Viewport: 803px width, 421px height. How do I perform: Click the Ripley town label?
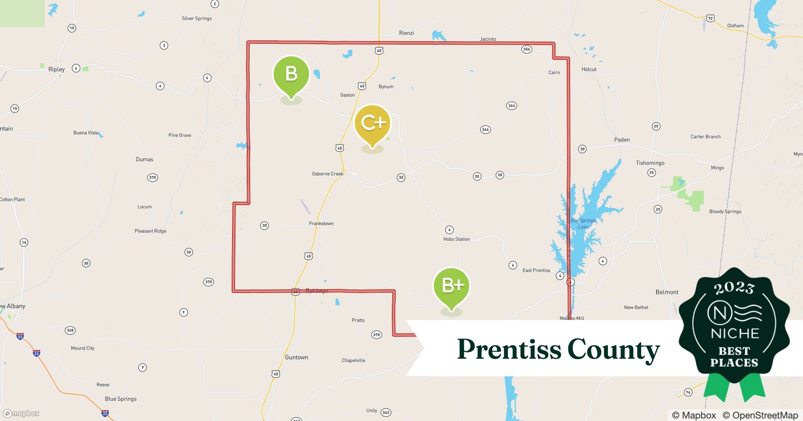pos(56,69)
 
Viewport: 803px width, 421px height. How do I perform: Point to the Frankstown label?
pos(321,224)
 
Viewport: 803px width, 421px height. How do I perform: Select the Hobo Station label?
pos(456,239)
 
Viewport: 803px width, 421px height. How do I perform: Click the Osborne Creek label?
pos(328,174)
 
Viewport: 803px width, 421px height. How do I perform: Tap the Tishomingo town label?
pos(650,163)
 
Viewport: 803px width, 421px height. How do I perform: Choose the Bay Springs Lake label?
pos(583,224)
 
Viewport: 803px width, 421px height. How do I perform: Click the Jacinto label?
pos(488,39)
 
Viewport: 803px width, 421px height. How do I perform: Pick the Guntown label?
pos(296,357)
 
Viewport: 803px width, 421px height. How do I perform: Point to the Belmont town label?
pos(667,292)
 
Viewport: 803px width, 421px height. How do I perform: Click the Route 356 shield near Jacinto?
pos(526,49)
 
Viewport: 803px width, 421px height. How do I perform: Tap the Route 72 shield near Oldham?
pos(710,18)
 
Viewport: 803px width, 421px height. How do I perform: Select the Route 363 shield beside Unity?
pos(386,413)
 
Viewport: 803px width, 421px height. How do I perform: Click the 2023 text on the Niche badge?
pos(734,288)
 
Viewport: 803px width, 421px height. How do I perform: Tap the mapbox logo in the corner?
pos(21,413)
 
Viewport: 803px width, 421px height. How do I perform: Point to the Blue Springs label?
pos(121,399)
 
